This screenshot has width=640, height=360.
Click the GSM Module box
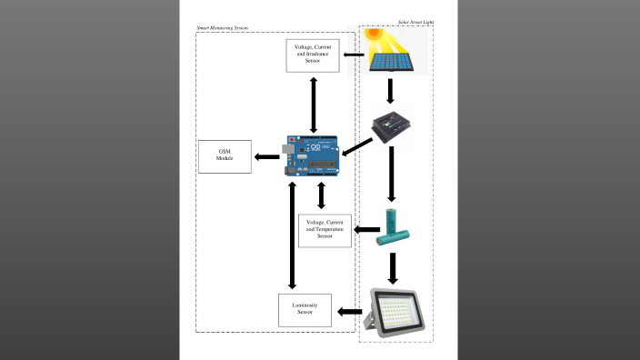click(225, 157)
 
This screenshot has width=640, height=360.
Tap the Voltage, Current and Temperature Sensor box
click(325, 232)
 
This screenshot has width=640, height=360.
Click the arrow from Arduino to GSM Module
click(266, 157)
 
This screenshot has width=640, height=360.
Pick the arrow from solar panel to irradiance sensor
click(355, 62)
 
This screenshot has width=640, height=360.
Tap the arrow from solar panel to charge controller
click(390, 91)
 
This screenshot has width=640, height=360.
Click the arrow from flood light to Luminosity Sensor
click(349, 312)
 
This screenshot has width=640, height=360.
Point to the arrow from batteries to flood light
click(393, 267)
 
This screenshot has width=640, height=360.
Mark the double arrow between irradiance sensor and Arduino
click(314, 104)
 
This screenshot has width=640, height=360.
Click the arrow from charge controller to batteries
click(391, 173)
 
